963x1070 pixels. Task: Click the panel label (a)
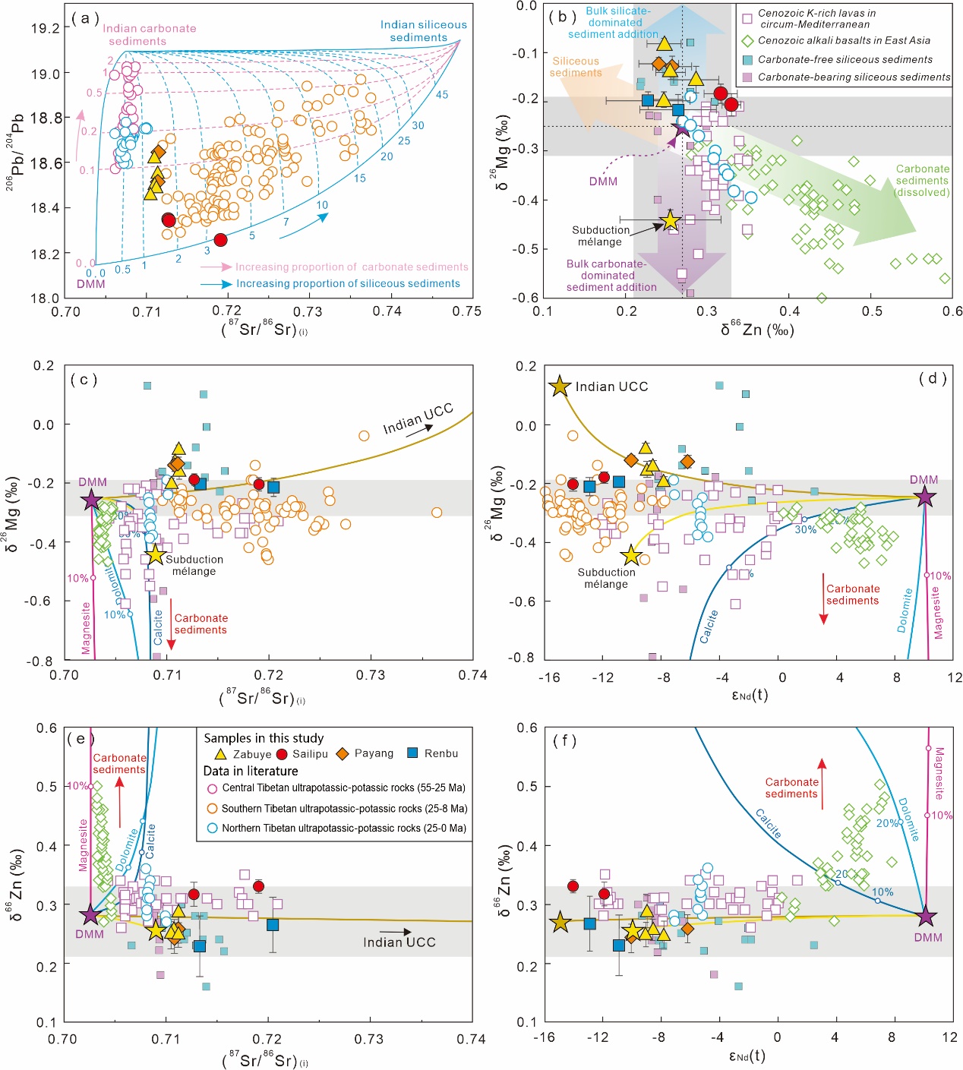tap(85, 17)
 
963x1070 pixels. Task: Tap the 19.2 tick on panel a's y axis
tap(45, 28)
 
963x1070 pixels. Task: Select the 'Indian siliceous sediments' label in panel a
tap(423, 31)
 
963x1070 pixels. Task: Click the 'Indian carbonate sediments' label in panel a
tap(149, 34)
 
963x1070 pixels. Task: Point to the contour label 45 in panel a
tap(442, 95)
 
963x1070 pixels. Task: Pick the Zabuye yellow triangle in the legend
tap(221, 754)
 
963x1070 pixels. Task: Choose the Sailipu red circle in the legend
tap(282, 754)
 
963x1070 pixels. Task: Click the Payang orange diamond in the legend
tap(343, 753)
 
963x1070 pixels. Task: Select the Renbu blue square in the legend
tap(412, 753)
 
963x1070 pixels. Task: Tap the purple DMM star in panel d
tap(924, 497)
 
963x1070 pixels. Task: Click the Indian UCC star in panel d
tap(560, 386)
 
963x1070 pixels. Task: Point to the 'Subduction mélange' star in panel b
tap(670, 220)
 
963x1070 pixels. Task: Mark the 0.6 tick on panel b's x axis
tap(952, 311)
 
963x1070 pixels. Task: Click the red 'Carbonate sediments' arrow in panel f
tap(822, 783)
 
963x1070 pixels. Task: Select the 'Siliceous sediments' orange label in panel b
tap(576, 67)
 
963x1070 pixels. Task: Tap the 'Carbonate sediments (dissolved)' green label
tap(922, 181)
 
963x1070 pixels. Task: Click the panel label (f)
tap(564, 740)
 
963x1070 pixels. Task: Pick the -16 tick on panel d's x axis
tap(549, 677)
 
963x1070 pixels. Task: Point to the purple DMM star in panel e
tap(90, 915)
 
